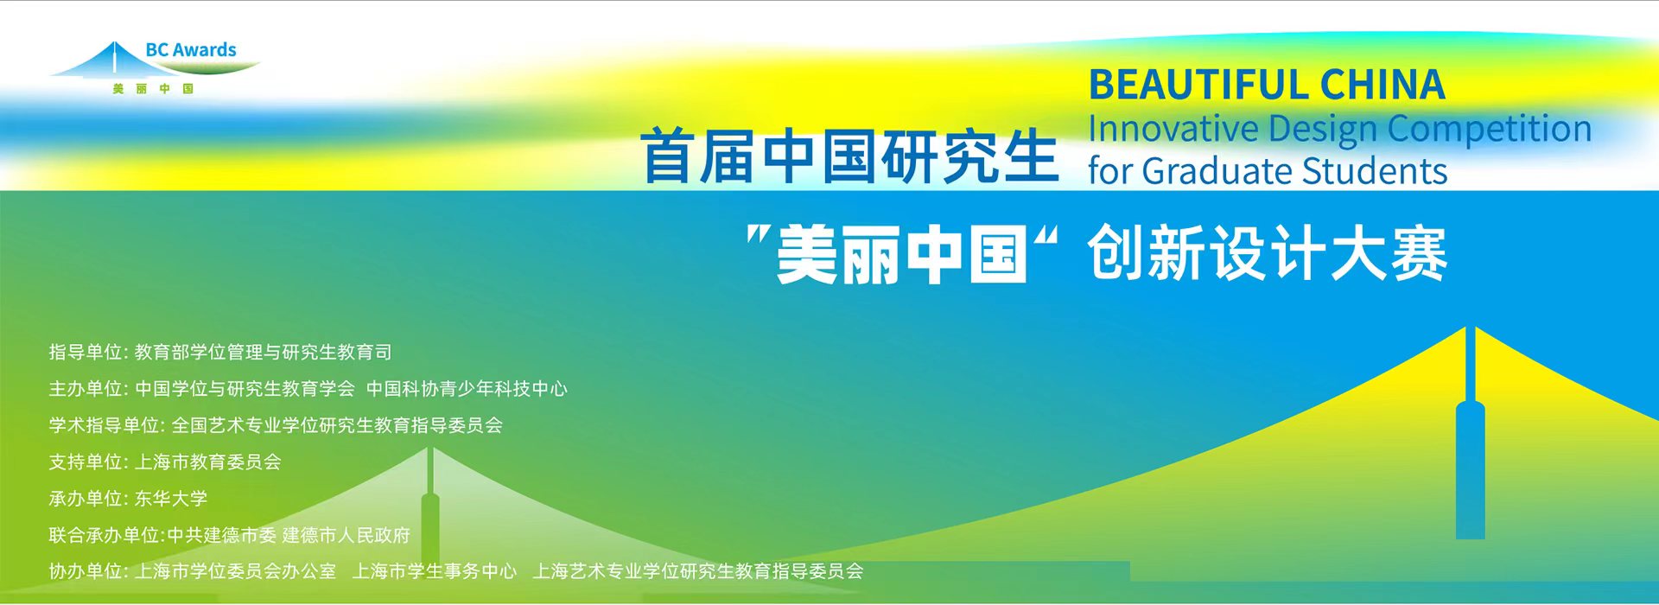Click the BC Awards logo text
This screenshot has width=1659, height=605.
191,50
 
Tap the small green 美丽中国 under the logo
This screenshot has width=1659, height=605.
153,89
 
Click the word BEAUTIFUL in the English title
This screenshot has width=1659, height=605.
1198,86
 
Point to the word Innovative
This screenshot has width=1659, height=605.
1173,129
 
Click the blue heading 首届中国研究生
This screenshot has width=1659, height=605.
850,156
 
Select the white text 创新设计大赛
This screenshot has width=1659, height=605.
1268,253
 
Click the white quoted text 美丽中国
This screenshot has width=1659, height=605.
901,255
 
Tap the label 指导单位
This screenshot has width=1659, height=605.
86,352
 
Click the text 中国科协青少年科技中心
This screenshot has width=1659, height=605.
467,389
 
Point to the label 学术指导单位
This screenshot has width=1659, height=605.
105,425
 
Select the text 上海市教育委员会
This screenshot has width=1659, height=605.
208,462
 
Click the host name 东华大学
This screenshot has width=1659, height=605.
171,499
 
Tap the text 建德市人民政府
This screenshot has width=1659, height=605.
346,535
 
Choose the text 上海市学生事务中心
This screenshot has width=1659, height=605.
435,571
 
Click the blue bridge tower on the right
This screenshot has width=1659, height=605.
1470,432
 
